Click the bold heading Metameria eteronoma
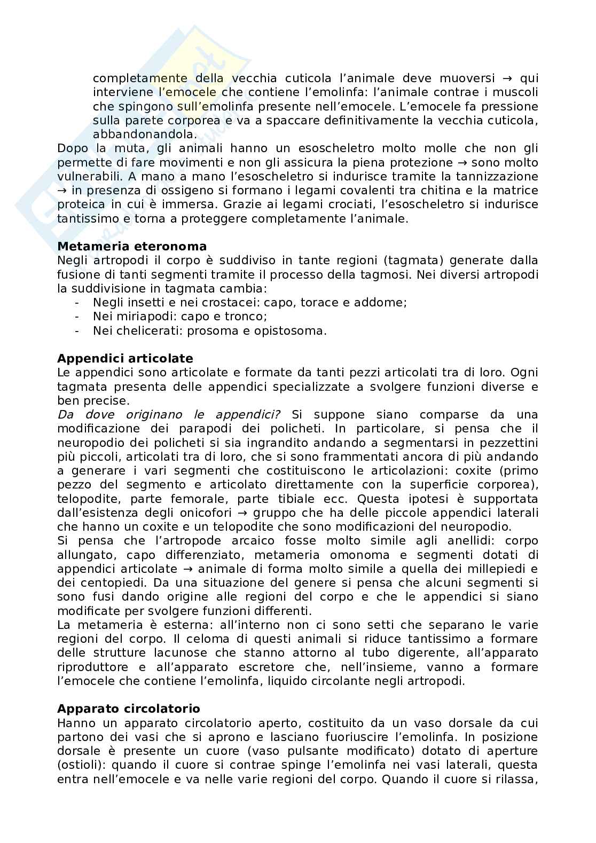pyautogui.click(x=131, y=246)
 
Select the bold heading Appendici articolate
pyautogui.click(x=125, y=358)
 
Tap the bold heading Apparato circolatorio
pyautogui.click(x=129, y=708)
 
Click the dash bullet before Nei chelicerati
pyautogui.click(x=78, y=330)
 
